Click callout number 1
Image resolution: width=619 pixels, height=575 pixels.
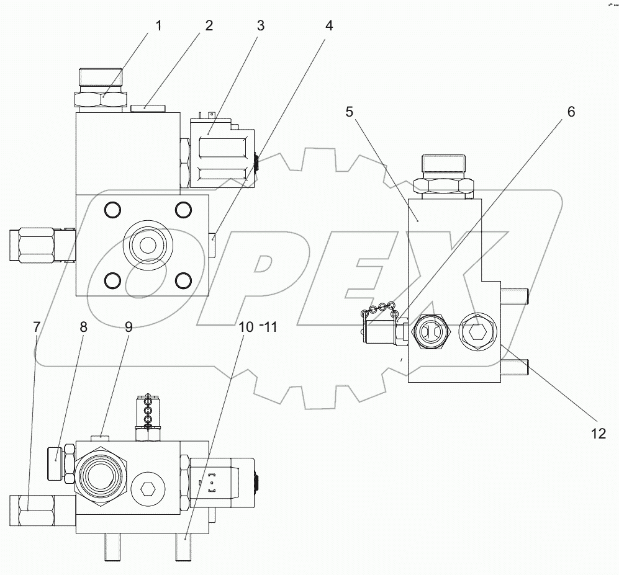click(x=159, y=26)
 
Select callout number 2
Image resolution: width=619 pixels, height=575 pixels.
click(x=209, y=26)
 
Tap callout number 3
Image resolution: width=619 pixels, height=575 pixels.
click(x=261, y=26)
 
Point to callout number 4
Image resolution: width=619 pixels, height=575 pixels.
click(x=329, y=26)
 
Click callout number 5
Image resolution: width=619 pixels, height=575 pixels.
click(x=350, y=112)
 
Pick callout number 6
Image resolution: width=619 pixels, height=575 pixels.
click(x=571, y=112)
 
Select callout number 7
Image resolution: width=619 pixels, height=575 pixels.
click(x=37, y=327)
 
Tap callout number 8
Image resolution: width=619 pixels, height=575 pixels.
click(x=84, y=327)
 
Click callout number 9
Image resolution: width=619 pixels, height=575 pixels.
click(x=129, y=327)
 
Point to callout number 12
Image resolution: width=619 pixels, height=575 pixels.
click(x=598, y=434)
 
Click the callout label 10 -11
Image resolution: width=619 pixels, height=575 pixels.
click(x=256, y=327)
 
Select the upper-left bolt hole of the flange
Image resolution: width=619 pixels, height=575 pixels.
click(x=112, y=210)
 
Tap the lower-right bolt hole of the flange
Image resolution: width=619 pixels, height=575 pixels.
click(x=183, y=282)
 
